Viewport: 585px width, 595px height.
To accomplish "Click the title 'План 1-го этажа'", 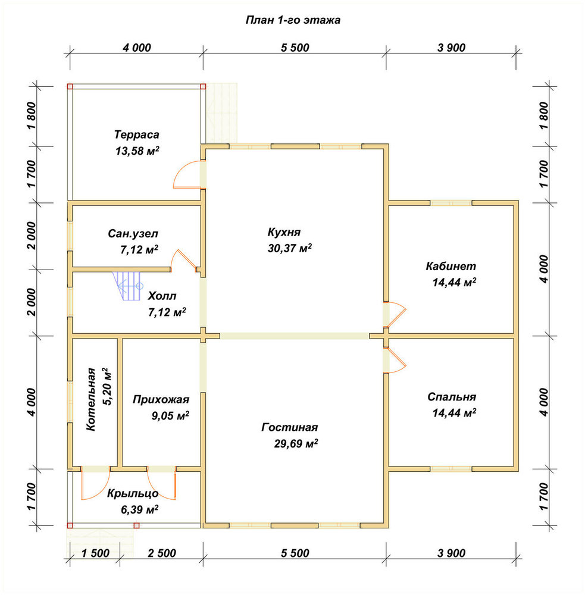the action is point(293,20).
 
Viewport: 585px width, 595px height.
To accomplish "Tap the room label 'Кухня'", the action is point(284,232).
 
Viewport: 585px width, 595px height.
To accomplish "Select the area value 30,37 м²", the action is point(290,248).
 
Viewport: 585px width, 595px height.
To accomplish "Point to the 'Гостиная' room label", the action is point(290,427).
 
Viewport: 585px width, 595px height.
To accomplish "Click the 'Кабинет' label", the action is point(451,266).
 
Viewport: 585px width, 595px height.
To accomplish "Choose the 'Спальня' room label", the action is point(451,397).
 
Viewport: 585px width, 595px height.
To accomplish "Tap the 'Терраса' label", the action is point(137,134).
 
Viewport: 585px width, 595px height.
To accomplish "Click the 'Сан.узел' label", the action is point(133,233).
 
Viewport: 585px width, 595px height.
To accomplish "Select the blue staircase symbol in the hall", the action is point(127,286).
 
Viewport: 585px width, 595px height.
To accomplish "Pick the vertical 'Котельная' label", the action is point(91,399).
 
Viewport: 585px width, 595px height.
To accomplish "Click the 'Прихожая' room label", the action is point(161,400).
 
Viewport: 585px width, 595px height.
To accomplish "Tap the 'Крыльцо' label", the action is point(133,493).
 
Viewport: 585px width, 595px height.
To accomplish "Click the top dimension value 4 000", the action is point(137,48).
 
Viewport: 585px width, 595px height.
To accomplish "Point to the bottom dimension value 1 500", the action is point(95,553).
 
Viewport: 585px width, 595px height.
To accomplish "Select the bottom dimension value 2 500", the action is point(162,553).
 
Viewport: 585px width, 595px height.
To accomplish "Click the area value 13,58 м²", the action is point(137,151).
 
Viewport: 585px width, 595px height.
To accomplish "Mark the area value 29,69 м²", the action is point(296,444).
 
